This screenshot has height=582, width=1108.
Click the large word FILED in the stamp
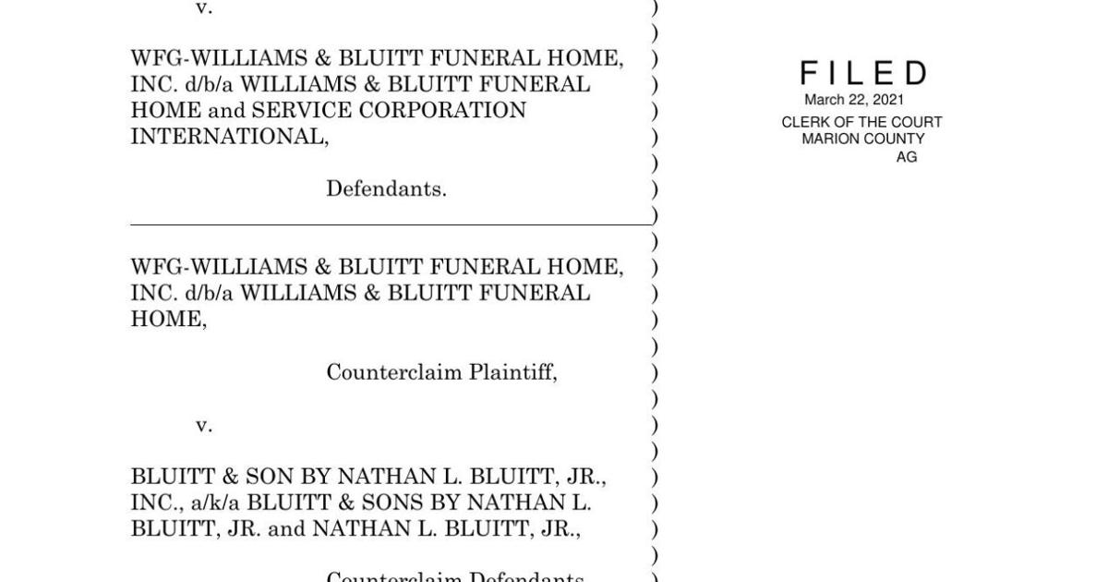(x=862, y=73)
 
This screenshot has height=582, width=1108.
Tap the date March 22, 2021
(x=854, y=100)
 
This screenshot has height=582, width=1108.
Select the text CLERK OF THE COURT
(x=861, y=122)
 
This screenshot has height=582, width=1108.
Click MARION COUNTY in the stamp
(x=862, y=139)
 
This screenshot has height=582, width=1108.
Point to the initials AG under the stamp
(x=906, y=157)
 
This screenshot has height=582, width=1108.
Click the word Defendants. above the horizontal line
(x=386, y=189)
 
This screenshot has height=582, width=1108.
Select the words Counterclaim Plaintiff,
(x=441, y=372)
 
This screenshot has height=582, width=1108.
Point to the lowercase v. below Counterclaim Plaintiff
(x=203, y=425)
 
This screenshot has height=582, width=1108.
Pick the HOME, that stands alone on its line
(x=168, y=320)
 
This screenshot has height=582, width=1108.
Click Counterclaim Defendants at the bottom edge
(x=454, y=576)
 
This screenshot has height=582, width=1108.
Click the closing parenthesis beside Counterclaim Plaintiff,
(x=655, y=372)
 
